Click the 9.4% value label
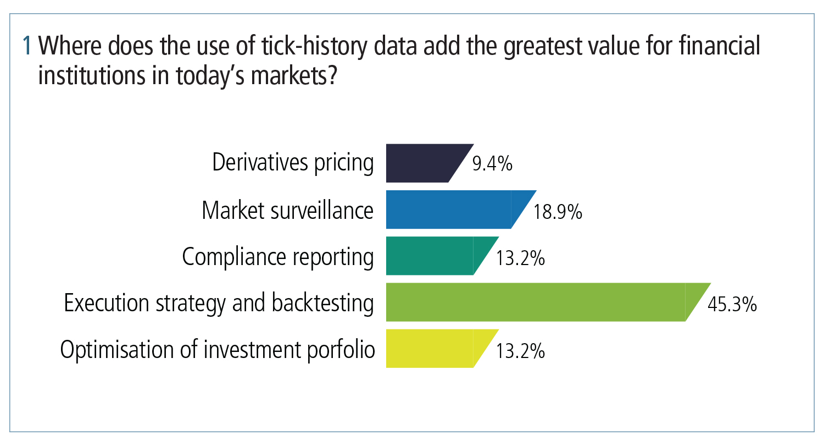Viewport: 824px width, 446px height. click(x=493, y=164)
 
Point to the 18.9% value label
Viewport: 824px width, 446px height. click(x=558, y=212)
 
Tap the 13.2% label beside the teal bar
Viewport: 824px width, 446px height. click(x=520, y=258)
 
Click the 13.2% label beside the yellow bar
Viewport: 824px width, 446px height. click(x=520, y=351)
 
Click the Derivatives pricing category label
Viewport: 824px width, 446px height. click(x=293, y=163)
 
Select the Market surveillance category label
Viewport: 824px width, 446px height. click(x=288, y=210)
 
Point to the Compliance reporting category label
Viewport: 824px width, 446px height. click(x=278, y=257)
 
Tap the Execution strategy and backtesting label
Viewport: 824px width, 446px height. click(x=219, y=303)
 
